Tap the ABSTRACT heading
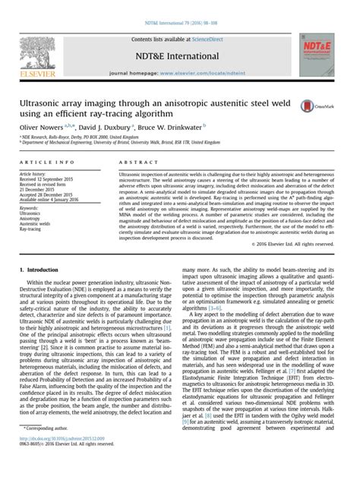pos(138,163)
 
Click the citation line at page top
pos(180,5)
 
